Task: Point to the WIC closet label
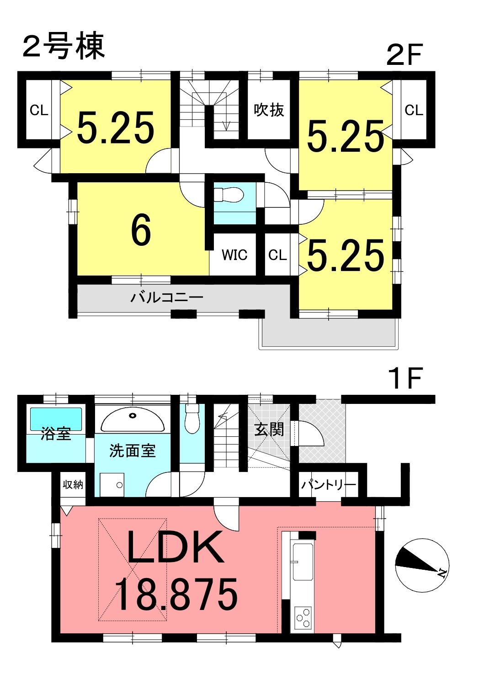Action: [234, 255]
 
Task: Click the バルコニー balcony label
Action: [167, 297]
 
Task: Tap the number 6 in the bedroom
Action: [141, 229]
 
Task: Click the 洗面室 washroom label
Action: [132, 451]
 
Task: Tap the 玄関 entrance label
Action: [269, 430]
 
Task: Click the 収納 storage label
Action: [73, 485]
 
